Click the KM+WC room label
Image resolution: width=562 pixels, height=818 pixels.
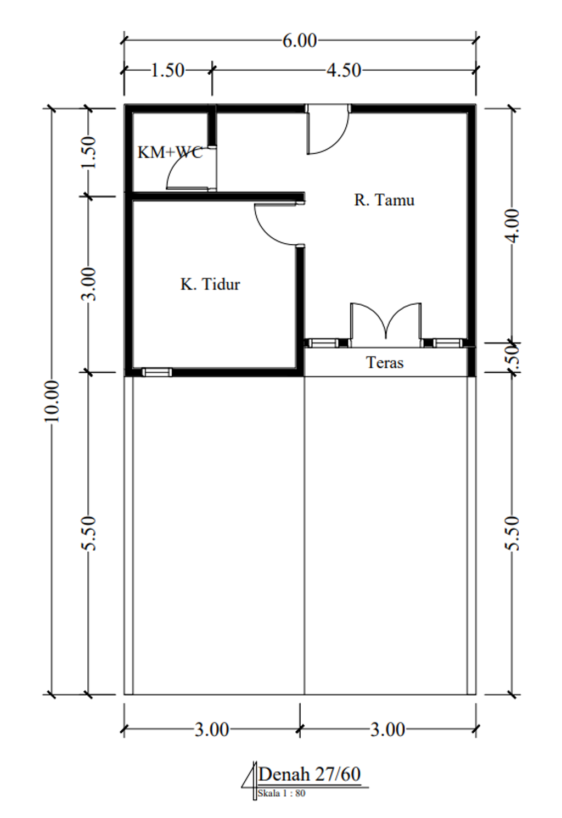click(x=170, y=152)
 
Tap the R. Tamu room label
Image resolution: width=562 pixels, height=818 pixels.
click(x=384, y=200)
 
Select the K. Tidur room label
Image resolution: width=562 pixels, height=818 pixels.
click(x=210, y=284)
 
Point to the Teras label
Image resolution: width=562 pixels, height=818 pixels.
click(x=385, y=363)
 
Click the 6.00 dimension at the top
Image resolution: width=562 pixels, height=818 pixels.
click(x=300, y=41)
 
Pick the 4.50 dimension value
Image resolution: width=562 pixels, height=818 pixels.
click(x=344, y=70)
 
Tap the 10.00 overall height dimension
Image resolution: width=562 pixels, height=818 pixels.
click(x=52, y=401)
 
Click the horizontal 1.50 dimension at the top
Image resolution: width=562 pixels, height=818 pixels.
click(x=167, y=70)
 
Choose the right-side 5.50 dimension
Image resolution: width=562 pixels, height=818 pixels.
click(x=512, y=533)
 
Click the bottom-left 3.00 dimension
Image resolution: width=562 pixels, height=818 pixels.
click(x=212, y=730)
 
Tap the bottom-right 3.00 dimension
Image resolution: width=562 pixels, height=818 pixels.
click(x=388, y=730)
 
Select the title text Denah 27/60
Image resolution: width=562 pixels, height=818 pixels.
click(x=310, y=774)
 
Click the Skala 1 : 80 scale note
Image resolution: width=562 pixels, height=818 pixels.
click(x=281, y=793)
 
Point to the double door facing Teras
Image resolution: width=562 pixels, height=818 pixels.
click(x=386, y=324)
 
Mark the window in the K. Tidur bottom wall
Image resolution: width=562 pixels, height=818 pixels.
click(x=156, y=372)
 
